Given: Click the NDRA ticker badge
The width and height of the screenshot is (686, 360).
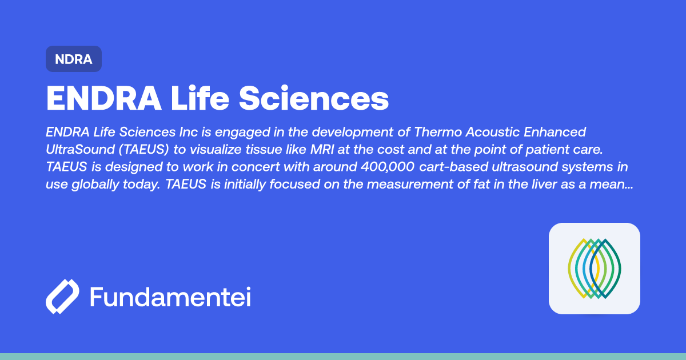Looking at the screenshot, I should click(x=74, y=59).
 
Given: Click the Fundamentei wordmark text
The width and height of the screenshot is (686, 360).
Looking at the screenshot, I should click(x=170, y=298).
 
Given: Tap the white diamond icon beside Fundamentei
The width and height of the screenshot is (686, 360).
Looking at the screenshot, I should click(x=62, y=297).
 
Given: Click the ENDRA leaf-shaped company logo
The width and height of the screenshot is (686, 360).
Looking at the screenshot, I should click(x=594, y=269).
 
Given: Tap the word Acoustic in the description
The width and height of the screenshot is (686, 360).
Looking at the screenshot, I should click(x=494, y=132).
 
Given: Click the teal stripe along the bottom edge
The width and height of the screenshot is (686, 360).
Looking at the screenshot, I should click(x=343, y=356).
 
